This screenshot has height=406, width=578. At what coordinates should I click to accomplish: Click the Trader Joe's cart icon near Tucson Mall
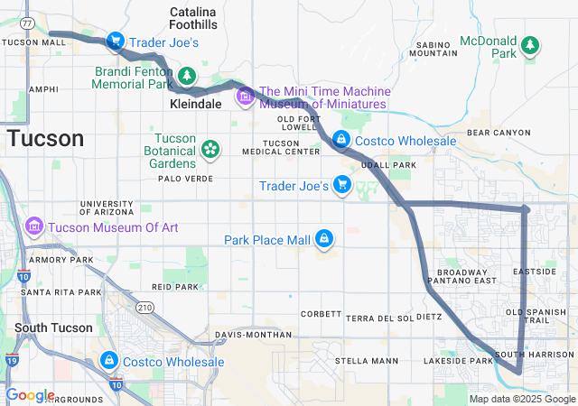click(x=116, y=42)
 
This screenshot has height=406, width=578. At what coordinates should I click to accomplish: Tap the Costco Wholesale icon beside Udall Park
click(x=341, y=140)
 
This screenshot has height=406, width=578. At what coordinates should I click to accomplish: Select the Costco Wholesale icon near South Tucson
click(x=109, y=360)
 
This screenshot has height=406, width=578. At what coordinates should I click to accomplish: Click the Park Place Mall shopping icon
click(x=323, y=239)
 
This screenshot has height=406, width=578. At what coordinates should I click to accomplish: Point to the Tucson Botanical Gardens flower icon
click(x=210, y=147)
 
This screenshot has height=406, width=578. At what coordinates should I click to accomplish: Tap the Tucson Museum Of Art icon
click(x=37, y=224)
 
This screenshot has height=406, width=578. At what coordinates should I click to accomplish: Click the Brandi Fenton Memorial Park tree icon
click(x=187, y=75)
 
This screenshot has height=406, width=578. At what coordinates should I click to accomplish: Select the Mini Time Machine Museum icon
click(x=245, y=95)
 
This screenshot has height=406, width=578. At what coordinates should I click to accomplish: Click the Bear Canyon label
click(x=499, y=133)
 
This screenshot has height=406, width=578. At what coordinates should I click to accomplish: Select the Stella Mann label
click(x=366, y=361)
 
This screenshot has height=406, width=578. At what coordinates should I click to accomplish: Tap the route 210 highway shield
click(x=144, y=309)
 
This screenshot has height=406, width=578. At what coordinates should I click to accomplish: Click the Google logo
click(x=30, y=395)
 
